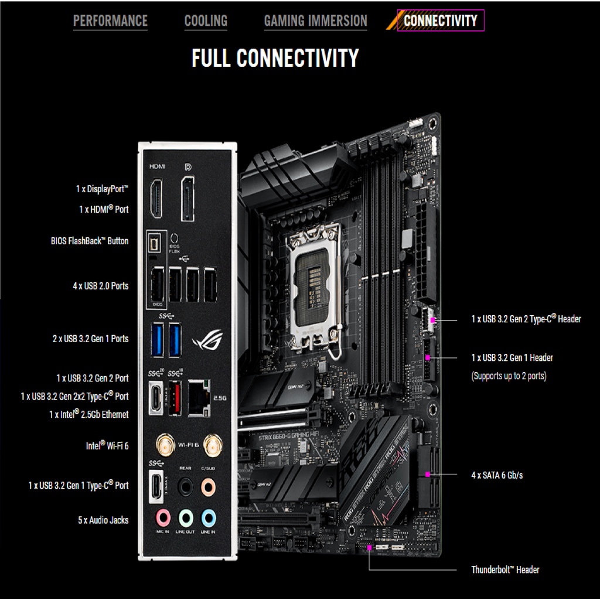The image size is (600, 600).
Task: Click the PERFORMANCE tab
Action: pos(110,22)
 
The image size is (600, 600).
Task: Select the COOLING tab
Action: pos(206,22)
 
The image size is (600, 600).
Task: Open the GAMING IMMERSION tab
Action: pos(315,22)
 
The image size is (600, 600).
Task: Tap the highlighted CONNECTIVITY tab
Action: pos(440,21)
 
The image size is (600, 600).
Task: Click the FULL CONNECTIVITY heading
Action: pos(275,58)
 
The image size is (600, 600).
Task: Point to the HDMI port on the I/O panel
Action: pos(157,199)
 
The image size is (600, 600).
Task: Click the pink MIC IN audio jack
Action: pos(162,517)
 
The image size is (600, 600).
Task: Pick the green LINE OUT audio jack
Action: pos(185,517)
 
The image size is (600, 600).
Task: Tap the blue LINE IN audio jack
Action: pos(208,517)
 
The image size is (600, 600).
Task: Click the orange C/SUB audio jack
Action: pos(208,486)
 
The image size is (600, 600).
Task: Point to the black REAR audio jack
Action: pos(185,486)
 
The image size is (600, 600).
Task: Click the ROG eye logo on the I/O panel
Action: pos(207,340)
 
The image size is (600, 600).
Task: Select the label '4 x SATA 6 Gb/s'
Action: pos(497,475)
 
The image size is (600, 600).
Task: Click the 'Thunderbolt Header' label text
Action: pos(505,570)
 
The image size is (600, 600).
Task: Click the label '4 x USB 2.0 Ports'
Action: pos(100,286)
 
